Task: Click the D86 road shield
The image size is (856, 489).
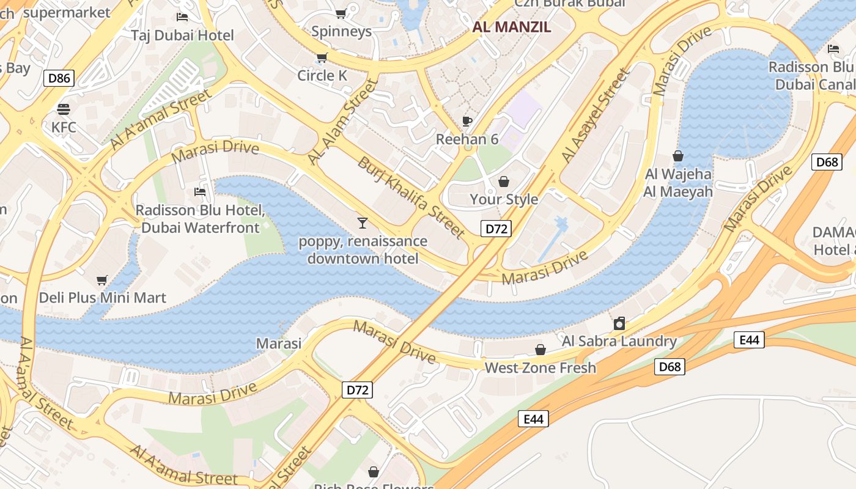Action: coord(59,78)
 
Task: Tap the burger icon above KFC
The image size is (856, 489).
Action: coord(64,109)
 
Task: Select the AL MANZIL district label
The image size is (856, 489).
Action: coord(512,27)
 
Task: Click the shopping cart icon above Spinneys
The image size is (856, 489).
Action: coord(341,13)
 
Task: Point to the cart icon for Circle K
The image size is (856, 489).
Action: coord(322,58)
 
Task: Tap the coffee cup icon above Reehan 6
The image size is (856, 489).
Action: coord(467,121)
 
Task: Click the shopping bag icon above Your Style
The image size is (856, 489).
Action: coord(504,182)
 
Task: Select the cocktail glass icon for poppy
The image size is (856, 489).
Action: coord(363,222)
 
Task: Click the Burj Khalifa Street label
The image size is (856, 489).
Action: coord(411,197)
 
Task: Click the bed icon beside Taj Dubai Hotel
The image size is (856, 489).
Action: coord(182,17)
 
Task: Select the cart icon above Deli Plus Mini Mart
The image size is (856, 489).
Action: coord(102,280)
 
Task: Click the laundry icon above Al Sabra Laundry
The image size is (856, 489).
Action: coord(619,323)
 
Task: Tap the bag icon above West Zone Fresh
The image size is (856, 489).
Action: coord(541,350)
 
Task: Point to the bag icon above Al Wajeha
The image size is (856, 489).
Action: coord(678,156)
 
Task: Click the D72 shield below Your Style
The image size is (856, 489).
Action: coord(495,229)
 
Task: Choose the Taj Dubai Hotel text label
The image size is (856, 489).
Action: coord(182,35)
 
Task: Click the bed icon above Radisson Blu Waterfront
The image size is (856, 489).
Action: coord(200,192)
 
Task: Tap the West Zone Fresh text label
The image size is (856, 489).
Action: coord(540,367)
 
